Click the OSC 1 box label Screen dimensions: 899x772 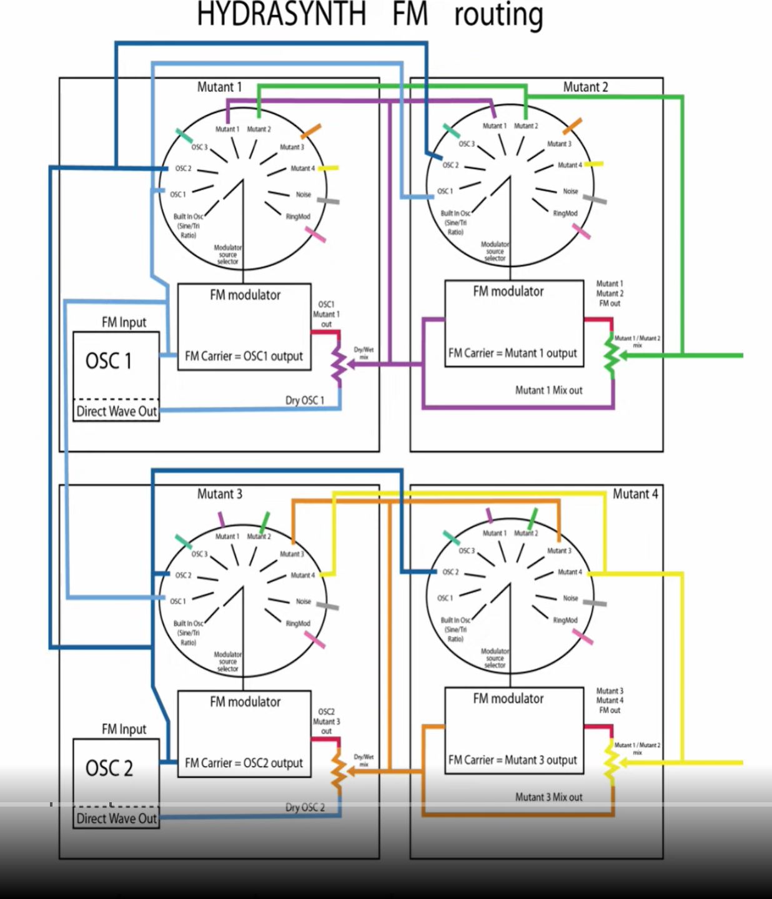[109, 361]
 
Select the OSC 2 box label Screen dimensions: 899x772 [109, 768]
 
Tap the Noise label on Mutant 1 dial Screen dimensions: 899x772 [303, 195]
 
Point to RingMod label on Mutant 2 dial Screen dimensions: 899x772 [565, 214]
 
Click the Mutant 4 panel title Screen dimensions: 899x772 [635, 494]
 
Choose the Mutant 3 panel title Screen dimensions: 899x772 [219, 494]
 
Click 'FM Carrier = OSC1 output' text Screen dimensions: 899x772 [244, 356]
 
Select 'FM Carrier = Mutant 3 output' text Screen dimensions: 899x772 [512, 760]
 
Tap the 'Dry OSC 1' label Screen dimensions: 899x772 [305, 400]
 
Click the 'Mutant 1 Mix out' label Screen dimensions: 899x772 [548, 390]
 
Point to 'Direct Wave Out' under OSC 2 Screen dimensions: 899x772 [116, 818]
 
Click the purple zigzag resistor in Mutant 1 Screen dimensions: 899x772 [338, 362]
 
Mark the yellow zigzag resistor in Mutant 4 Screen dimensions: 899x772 [611, 762]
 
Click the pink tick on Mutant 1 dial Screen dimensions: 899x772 [315, 235]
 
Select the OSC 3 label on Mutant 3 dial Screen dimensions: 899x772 [199, 554]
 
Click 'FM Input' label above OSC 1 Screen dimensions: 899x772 [124, 322]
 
